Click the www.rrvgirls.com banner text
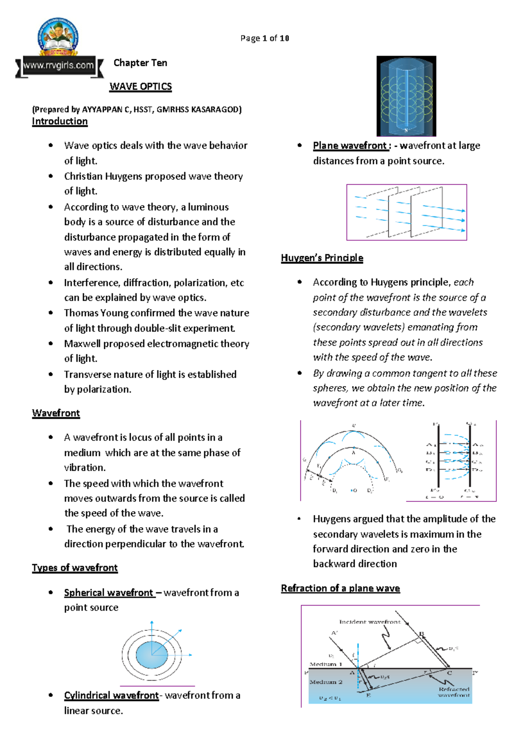coord(58,66)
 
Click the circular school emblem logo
coord(58,37)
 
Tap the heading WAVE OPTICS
coord(140,87)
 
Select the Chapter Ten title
coord(140,63)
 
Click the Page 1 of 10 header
coord(265,38)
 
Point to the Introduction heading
coord(60,121)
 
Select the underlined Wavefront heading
coord(56,413)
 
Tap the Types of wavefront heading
coord(75,568)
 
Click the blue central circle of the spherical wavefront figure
coord(151,655)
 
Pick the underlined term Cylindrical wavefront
coord(111,696)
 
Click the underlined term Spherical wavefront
coord(109,593)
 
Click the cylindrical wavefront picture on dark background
coord(406,96)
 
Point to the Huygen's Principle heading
coord(322,258)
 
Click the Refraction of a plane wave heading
coord(340,588)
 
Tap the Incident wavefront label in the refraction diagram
coord(370,622)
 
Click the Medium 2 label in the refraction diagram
coord(326,682)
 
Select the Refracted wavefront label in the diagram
coord(454,692)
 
